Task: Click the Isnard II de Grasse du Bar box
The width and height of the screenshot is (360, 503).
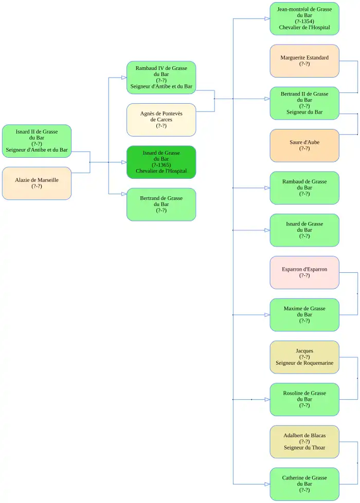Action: (x=37, y=141)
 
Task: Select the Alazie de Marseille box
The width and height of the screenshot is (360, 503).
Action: (x=37, y=183)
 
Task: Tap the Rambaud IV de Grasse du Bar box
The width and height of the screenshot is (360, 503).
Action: (x=161, y=78)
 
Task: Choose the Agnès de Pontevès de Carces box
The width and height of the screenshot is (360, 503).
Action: (x=161, y=120)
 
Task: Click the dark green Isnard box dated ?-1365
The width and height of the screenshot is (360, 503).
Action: (x=161, y=162)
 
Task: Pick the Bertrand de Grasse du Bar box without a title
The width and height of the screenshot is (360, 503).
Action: (x=161, y=204)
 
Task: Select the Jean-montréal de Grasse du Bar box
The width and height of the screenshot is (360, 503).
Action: (x=304, y=18)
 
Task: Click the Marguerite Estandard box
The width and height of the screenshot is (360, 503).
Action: (x=304, y=61)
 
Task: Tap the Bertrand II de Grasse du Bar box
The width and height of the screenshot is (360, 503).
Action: (x=304, y=103)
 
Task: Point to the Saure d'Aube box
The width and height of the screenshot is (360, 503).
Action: (x=304, y=145)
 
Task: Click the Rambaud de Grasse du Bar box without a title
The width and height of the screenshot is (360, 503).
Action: (x=304, y=188)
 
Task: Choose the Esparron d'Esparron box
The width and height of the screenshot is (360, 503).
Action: (x=304, y=272)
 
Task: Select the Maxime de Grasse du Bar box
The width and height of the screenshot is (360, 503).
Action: (x=304, y=314)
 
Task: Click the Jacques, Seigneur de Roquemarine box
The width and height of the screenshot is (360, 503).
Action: (x=304, y=357)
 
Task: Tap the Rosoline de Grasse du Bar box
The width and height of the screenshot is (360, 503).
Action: (x=304, y=399)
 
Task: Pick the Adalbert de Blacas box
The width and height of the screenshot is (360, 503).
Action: (x=304, y=441)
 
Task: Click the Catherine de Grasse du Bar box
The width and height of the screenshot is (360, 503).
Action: (x=304, y=483)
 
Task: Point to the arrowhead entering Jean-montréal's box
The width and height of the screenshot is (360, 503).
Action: (x=267, y=18)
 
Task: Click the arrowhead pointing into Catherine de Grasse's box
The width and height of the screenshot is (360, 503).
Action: (x=267, y=484)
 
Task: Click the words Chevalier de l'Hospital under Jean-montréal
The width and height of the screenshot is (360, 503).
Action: (x=304, y=28)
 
